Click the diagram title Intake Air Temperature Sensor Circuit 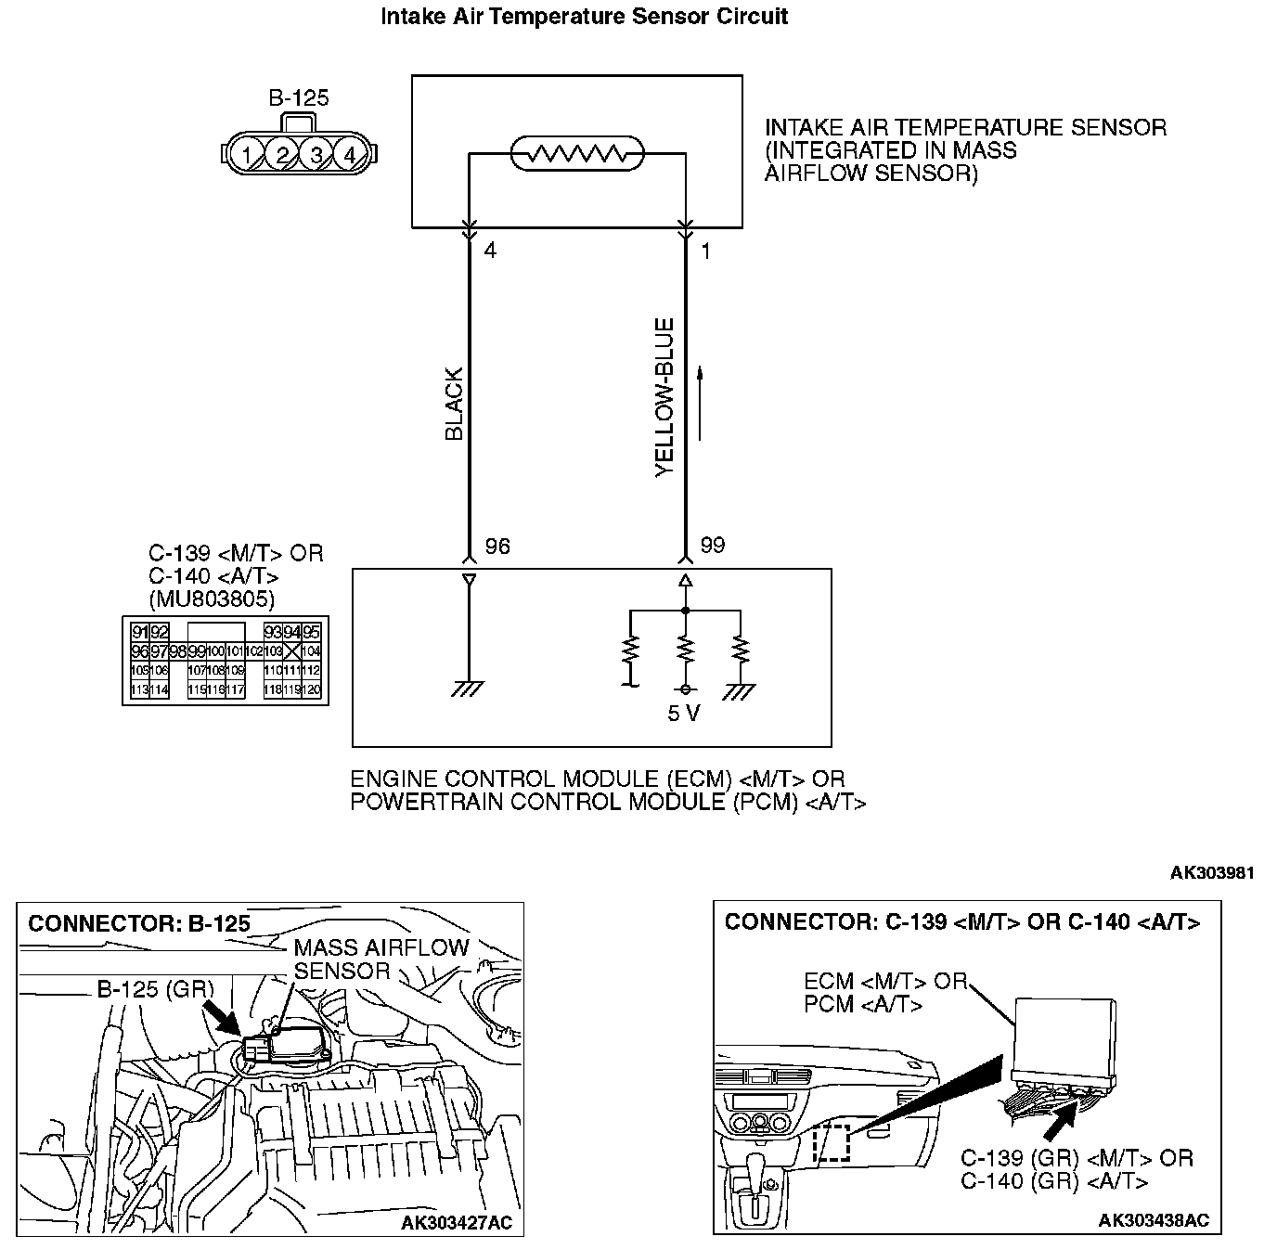pos(585,17)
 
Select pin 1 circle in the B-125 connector pos(247,155)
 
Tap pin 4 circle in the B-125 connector pos(350,155)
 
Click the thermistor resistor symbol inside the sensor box pos(578,154)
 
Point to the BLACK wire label pos(454,405)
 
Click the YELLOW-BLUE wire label pos(664,398)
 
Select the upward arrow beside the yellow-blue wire pos(701,404)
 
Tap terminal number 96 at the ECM pos(497,547)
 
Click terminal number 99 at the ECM pos(713,546)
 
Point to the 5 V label pos(684,714)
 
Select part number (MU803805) pos(212,599)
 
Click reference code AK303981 pos(1212,873)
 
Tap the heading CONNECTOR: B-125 pos(139,924)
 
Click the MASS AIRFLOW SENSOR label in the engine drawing pos(381,959)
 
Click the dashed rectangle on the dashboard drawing pos(832,1143)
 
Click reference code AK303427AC pos(456,1223)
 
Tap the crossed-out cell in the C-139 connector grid pos(291,651)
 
